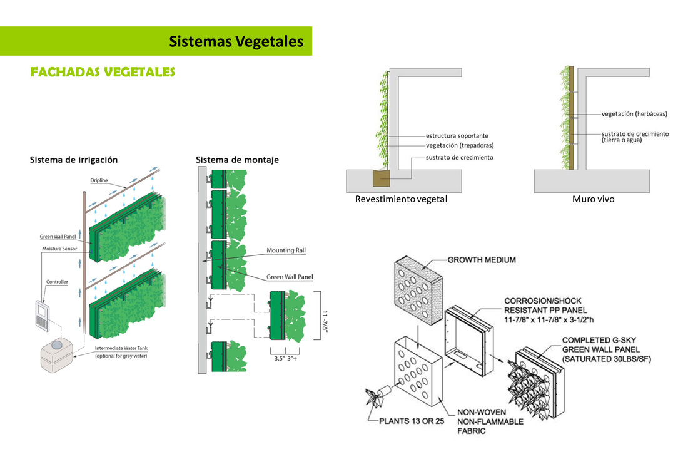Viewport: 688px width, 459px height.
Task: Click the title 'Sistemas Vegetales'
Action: click(236, 41)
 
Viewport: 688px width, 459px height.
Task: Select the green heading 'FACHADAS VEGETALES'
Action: click(103, 73)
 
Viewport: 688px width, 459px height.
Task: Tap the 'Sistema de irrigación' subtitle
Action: click(74, 160)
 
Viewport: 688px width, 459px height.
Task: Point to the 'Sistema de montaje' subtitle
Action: click(237, 160)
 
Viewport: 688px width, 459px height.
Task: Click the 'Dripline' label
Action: click(98, 181)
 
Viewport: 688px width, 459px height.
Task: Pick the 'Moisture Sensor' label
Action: click(59, 249)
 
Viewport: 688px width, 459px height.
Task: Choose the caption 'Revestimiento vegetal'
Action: click(401, 200)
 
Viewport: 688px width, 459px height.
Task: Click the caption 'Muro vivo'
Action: click(593, 200)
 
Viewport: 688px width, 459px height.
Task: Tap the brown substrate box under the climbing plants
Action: click(381, 178)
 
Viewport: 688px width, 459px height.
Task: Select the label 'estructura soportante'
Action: click(457, 135)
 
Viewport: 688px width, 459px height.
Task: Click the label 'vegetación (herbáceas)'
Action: click(634, 114)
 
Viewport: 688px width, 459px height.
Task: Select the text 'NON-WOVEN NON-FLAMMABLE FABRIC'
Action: click(490, 421)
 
